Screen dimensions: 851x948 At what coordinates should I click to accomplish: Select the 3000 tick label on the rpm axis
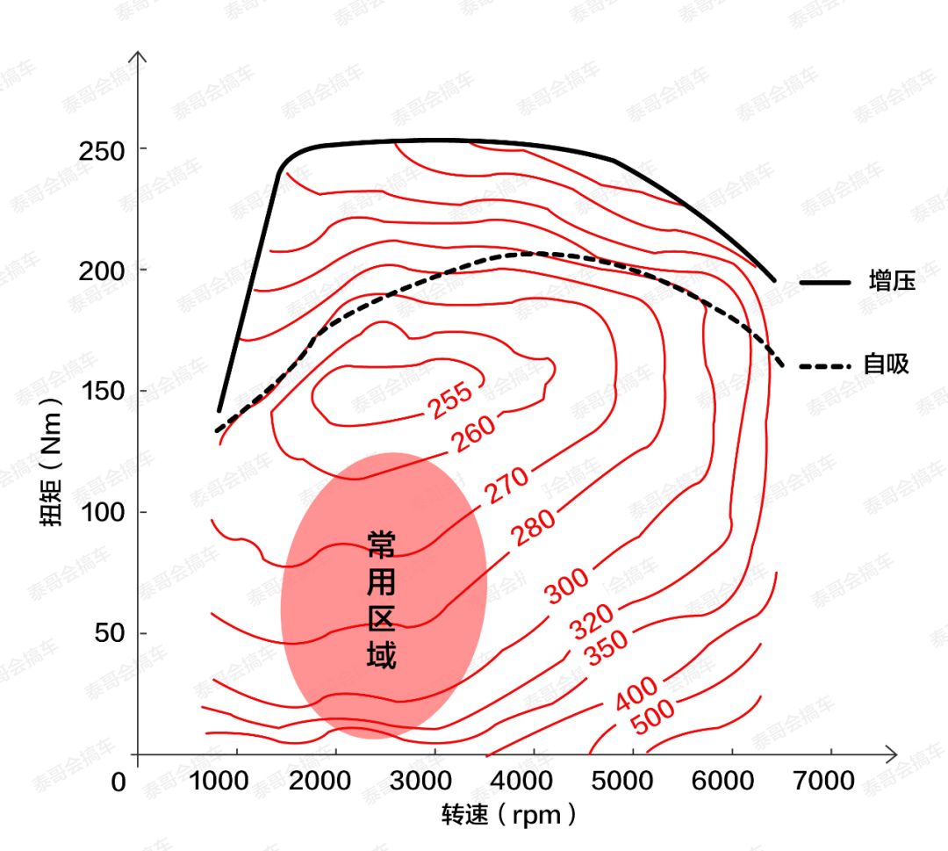436,781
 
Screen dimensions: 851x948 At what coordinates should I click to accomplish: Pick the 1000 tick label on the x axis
218,781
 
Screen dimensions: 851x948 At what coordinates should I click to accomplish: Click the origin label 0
119,782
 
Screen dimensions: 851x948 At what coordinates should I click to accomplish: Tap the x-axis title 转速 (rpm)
510,816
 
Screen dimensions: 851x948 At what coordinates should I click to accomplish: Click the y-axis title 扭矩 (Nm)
54,460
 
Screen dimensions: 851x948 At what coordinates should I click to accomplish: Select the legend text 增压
891,282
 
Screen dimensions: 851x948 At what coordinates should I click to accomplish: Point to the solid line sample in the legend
825,283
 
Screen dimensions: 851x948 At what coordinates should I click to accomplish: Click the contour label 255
450,400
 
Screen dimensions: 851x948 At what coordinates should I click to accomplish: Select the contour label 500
653,717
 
